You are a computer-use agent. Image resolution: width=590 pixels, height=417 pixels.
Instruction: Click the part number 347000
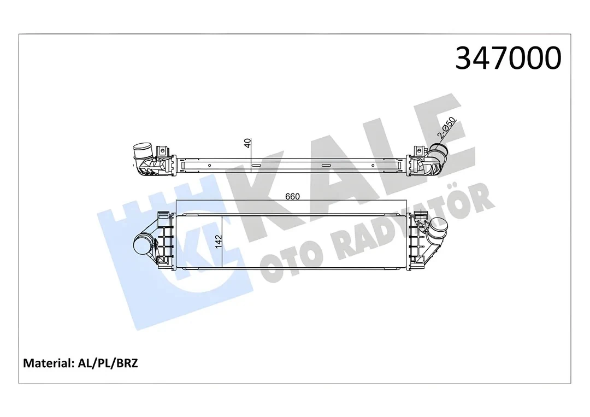coord(508,58)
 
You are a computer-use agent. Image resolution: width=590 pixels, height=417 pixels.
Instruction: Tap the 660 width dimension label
coord(292,196)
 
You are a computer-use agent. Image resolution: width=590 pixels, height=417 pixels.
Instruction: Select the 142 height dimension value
coord(219,241)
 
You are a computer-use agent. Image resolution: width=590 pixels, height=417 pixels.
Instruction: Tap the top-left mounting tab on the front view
coord(163,218)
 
